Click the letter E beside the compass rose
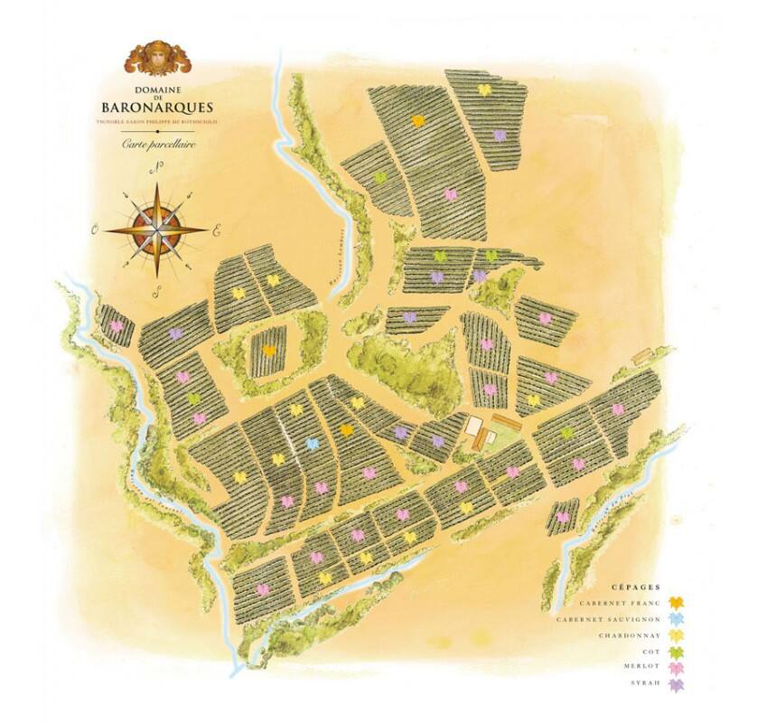[216, 230]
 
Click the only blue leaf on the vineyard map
[313, 444]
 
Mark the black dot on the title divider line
[159, 130]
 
